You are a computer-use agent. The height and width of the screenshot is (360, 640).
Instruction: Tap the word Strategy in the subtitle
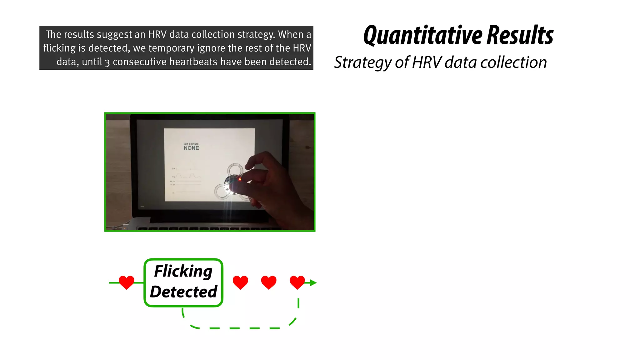(x=362, y=62)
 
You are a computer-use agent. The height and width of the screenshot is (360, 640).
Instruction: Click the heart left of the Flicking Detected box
(x=127, y=282)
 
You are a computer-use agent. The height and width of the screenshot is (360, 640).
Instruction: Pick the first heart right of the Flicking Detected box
(x=240, y=282)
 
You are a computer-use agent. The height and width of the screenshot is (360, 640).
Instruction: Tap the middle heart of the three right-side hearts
(x=269, y=282)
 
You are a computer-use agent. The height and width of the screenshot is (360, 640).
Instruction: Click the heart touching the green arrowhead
(x=297, y=282)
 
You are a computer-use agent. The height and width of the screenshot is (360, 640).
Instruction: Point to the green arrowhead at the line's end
(x=313, y=283)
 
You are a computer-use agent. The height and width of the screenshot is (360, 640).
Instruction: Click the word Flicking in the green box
(x=183, y=271)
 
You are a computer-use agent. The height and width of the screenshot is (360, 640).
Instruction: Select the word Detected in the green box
(x=183, y=292)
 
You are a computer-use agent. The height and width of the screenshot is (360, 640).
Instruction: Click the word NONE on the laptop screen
(x=191, y=148)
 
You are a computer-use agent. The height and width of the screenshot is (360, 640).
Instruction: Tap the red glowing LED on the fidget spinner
(x=240, y=179)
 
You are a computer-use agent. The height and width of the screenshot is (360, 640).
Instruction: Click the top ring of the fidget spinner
(x=235, y=170)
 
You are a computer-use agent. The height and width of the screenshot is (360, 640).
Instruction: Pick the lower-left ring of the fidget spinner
(x=222, y=191)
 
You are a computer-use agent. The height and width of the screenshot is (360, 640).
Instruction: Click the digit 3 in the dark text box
(x=107, y=62)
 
